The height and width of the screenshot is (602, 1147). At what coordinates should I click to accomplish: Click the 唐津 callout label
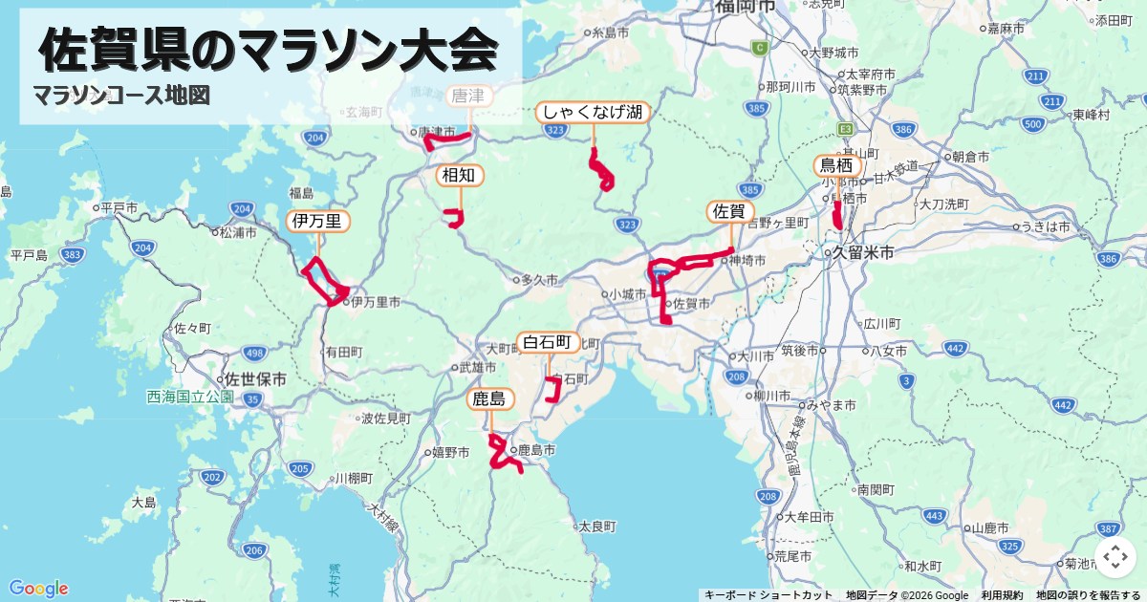click(468, 96)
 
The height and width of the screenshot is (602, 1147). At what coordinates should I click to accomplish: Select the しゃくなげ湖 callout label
click(593, 112)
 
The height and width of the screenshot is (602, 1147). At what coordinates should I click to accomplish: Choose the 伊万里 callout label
click(317, 222)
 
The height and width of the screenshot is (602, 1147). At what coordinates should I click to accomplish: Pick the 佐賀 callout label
click(731, 211)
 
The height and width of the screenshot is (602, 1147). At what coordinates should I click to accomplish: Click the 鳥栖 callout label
click(836, 166)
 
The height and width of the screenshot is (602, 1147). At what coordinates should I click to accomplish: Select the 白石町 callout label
click(549, 342)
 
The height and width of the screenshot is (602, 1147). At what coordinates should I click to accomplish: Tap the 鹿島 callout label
click(489, 398)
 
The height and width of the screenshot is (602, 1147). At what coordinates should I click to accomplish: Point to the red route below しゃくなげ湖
click(601, 172)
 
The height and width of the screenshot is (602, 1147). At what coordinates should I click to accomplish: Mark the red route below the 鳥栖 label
click(837, 215)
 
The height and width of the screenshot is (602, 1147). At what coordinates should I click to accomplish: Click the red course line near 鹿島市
click(499, 454)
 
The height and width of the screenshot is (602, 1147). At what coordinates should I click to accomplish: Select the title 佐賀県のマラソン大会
click(270, 50)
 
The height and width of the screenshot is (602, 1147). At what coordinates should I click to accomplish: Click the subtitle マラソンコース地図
click(120, 96)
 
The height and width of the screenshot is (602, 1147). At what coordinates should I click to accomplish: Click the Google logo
click(38, 588)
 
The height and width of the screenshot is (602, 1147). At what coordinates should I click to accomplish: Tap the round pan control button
click(1115, 557)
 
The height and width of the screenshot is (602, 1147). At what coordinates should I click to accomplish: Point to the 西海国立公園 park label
click(190, 397)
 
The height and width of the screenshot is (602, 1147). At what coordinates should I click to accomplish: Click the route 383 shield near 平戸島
click(71, 255)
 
